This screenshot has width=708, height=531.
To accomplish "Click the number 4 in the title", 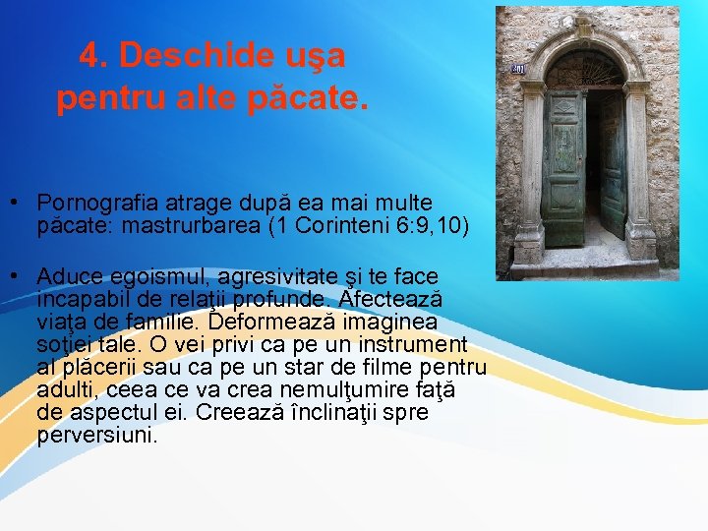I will [88, 57].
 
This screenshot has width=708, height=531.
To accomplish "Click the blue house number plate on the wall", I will [518, 70].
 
